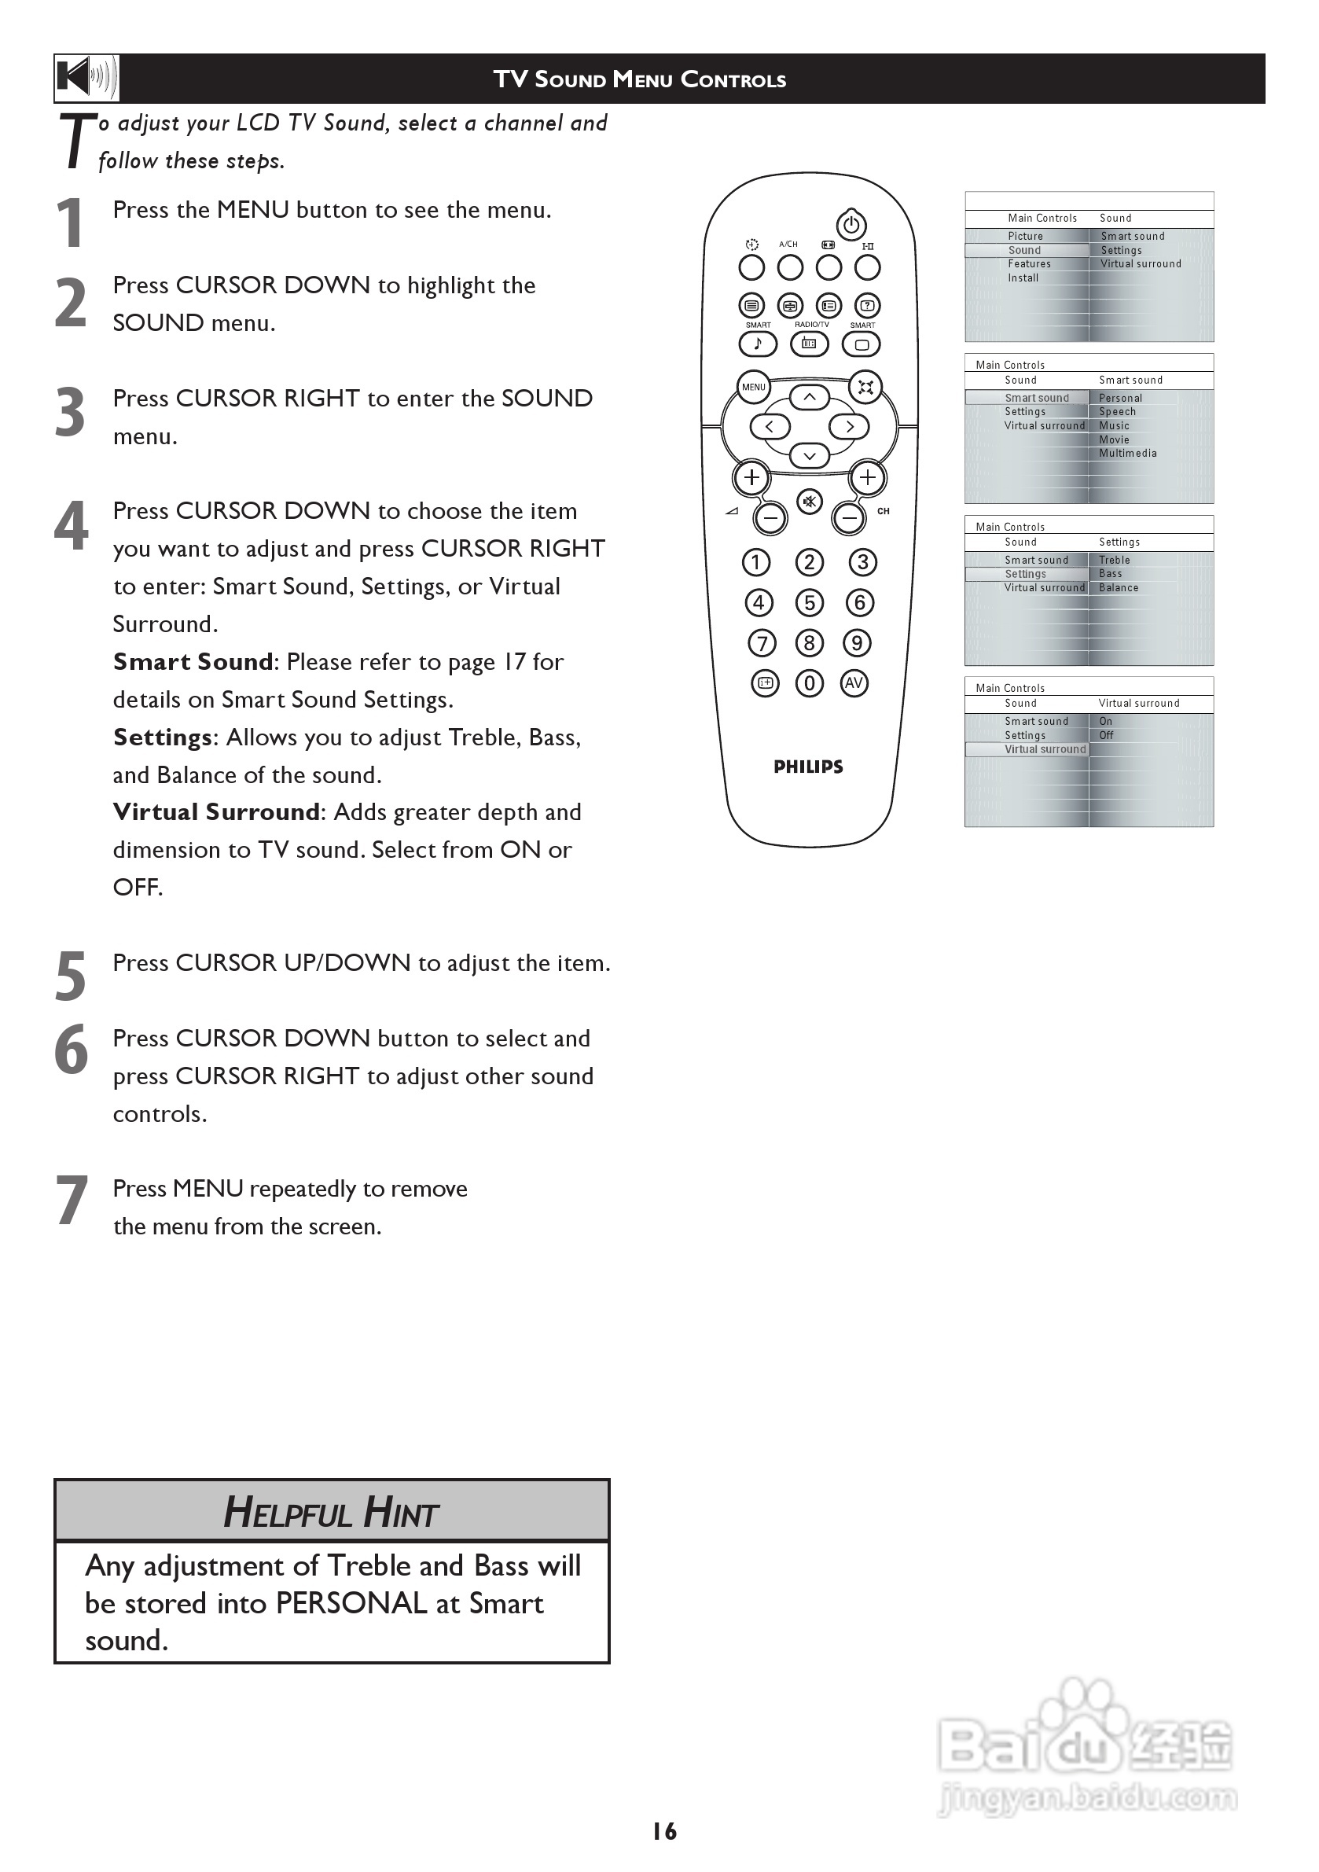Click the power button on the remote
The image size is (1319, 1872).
pyautogui.click(x=851, y=224)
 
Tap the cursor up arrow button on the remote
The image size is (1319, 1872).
pyautogui.click(x=810, y=397)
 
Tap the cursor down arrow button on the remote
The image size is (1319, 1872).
pyautogui.click(x=810, y=456)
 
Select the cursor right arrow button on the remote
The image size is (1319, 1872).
pyautogui.click(x=850, y=426)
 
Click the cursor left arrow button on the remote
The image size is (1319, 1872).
pyautogui.click(x=770, y=426)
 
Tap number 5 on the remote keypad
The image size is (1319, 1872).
pyautogui.click(x=810, y=603)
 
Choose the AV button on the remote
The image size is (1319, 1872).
pyautogui.click(x=854, y=683)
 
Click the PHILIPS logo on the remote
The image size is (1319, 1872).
pyautogui.click(x=808, y=767)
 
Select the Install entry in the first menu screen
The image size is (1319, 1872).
pyautogui.click(x=1023, y=278)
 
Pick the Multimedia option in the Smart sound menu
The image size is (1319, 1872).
pyautogui.click(x=1127, y=454)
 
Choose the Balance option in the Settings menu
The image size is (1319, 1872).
pyautogui.click(x=1119, y=588)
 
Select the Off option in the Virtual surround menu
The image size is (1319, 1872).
pyautogui.click(x=1106, y=735)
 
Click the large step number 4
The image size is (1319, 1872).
pyautogui.click(x=71, y=526)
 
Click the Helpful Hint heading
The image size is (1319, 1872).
pyautogui.click(x=331, y=1512)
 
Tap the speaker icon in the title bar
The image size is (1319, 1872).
pyautogui.click(x=86, y=79)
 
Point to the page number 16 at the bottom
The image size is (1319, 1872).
pyautogui.click(x=664, y=1831)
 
